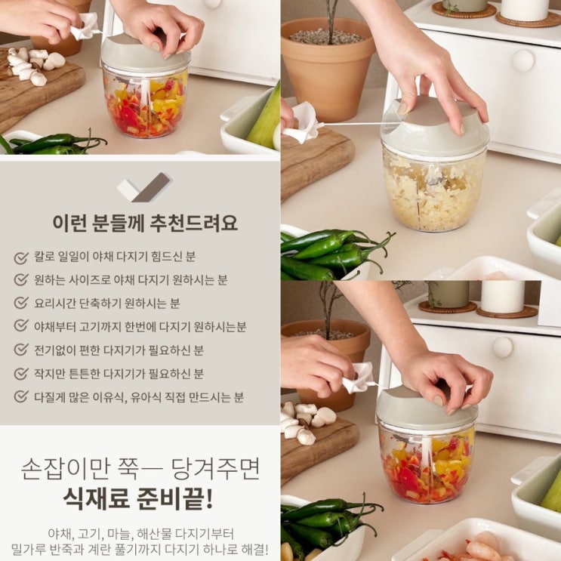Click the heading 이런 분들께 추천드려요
tap(145, 223)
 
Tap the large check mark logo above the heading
tap(145, 187)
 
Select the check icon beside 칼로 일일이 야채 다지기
tap(21, 257)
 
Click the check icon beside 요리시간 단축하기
tap(21, 303)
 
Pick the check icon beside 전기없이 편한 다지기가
tap(21, 349)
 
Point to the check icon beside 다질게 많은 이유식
tap(21, 396)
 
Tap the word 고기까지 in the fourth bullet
tap(100, 326)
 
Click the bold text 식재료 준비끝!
tap(138, 498)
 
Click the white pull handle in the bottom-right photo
tap(358, 378)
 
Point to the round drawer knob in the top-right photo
tap(522, 60)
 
